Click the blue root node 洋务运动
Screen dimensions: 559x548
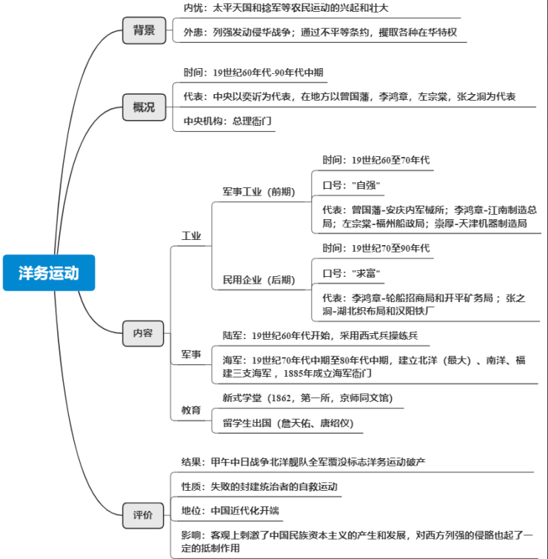tap(49, 273)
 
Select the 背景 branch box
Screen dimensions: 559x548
tap(144, 30)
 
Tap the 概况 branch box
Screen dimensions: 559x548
tap(144, 107)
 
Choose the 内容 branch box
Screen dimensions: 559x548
tap(143, 333)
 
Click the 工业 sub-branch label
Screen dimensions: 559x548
tap(192, 236)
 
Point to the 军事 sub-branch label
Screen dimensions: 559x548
tap(191, 355)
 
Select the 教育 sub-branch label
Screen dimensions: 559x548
tap(191, 409)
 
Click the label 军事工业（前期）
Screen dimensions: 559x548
tap(258, 192)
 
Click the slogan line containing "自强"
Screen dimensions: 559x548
tap(352, 184)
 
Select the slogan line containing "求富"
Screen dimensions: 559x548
tap(352, 274)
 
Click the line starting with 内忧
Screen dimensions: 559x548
tap(285, 8)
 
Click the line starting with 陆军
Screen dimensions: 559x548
tap(320, 335)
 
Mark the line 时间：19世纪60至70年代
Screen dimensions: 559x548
tap(375, 159)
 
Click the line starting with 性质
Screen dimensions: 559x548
tap(259, 486)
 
